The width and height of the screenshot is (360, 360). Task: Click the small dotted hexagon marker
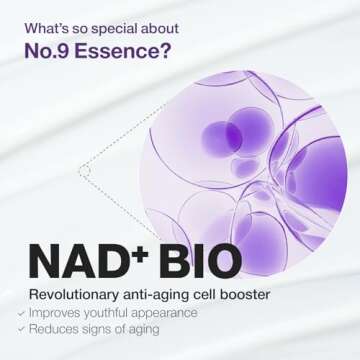point(84,171)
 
